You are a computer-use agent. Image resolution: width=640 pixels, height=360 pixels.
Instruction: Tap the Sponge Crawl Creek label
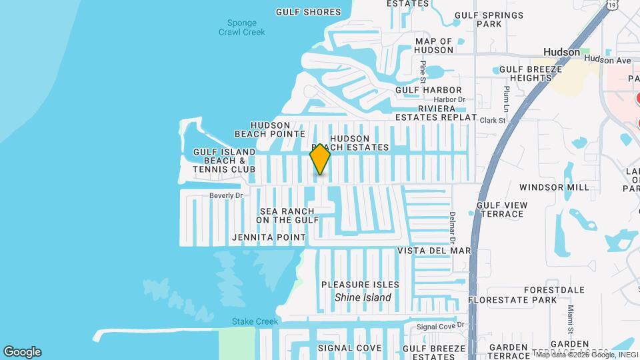[242, 27]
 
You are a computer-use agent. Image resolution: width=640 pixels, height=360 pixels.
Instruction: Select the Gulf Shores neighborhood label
[308, 12]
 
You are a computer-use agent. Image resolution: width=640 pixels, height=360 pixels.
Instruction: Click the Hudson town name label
[561, 51]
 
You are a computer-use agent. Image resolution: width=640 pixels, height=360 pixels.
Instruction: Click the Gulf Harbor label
[428, 90]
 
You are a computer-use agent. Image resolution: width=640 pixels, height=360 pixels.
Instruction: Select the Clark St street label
[493, 121]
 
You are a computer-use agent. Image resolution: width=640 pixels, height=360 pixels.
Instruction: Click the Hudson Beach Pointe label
[270, 129]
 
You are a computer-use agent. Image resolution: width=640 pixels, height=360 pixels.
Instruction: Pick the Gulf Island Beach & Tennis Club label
[225, 161]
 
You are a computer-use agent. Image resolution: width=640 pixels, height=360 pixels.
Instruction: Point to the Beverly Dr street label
[226, 195]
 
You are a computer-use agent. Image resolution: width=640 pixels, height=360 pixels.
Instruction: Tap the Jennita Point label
[269, 237]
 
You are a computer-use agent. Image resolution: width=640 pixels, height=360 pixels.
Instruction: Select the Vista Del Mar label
[434, 251]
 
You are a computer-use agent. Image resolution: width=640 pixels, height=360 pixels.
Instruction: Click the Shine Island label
[363, 297]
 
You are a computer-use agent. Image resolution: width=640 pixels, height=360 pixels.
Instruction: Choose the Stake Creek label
[255, 321]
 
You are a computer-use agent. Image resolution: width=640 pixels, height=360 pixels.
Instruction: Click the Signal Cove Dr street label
[440, 327]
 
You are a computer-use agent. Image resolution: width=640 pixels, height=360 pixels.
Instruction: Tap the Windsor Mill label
[554, 187]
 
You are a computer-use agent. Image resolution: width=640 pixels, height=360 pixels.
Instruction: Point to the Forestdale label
[554, 290]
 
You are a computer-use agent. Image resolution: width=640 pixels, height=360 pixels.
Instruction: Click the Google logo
[22, 352]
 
